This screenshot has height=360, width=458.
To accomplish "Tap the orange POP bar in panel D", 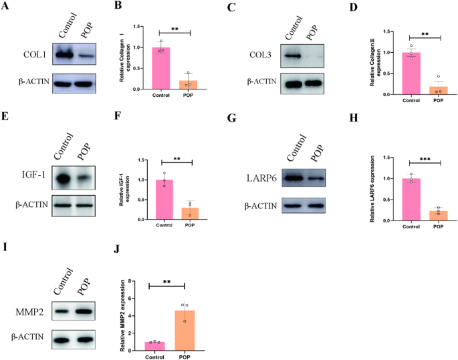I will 438,90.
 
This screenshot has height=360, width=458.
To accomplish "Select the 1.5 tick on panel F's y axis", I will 138,160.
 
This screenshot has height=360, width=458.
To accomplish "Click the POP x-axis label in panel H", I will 438,226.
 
